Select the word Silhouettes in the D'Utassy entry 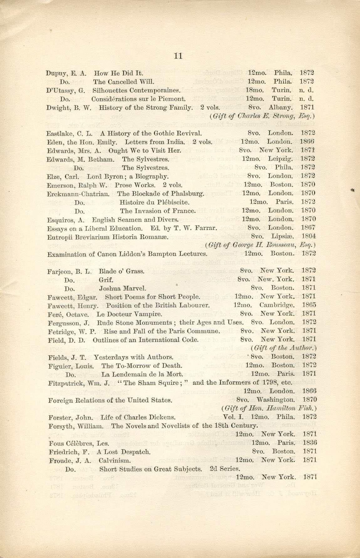(x=109, y=90)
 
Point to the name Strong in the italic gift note (x=282, y=116)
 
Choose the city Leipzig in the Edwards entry (x=280, y=159)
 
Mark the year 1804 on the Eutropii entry (x=308, y=236)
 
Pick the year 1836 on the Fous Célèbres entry (x=310, y=443)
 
